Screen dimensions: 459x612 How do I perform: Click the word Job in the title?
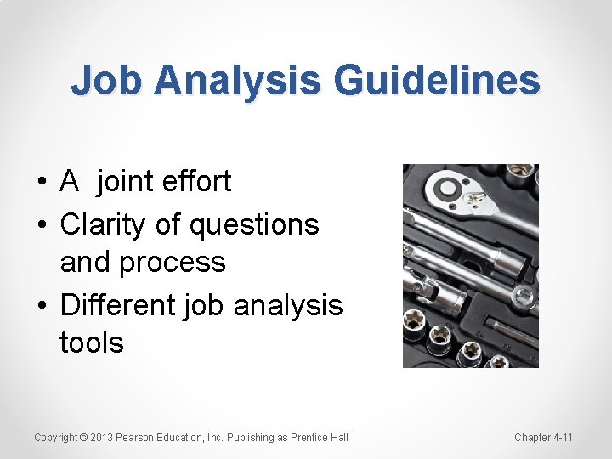107,82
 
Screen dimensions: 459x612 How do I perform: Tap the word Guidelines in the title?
437,82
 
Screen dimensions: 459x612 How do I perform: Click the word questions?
254,225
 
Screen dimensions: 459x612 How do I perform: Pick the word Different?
118,303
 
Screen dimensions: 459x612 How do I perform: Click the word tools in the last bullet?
92,343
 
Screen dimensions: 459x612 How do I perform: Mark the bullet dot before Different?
42,305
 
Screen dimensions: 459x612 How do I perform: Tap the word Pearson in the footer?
137,438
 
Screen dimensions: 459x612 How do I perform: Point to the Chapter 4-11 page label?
543,438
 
